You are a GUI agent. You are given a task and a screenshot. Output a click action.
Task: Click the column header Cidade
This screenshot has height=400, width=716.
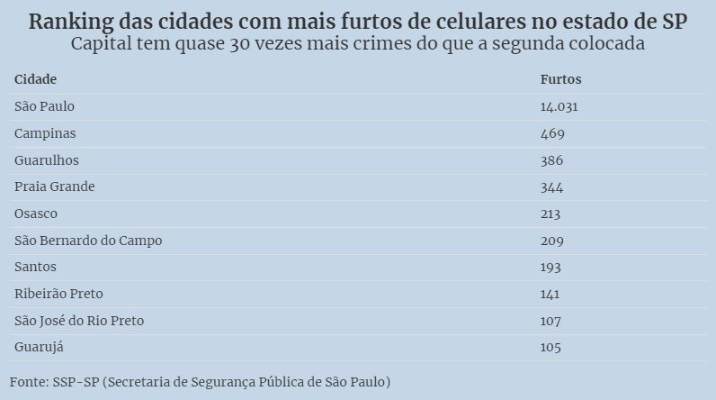36,79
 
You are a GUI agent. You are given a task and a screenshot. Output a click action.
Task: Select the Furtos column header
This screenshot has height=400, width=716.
560,79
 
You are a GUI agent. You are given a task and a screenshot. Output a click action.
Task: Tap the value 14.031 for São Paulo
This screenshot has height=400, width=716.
558,106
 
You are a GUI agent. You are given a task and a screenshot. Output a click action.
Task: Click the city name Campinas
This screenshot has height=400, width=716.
45,133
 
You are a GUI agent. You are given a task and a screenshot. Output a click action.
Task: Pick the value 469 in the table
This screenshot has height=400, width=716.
552,133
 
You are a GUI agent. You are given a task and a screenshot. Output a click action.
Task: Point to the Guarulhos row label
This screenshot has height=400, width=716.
47,160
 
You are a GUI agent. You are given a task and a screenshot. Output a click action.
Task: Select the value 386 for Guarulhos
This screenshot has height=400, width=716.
552,160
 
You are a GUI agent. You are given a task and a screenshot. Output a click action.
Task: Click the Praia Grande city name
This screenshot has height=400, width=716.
55,186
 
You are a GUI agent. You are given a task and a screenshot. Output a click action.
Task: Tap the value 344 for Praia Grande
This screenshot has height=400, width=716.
552,186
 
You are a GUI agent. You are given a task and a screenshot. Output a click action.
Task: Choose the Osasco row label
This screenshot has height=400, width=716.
36,214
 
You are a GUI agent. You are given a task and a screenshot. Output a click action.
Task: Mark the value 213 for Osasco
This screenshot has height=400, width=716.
550,214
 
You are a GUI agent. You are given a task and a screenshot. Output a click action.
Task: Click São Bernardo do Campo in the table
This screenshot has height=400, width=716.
88,241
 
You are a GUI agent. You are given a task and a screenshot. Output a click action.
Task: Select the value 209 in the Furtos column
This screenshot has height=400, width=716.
552,241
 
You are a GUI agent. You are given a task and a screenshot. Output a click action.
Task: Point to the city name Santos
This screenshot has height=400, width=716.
36,267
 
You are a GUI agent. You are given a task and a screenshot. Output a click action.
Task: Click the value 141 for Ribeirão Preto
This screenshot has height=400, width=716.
550,294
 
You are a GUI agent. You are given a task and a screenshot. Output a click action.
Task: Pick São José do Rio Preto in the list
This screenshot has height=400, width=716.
79,321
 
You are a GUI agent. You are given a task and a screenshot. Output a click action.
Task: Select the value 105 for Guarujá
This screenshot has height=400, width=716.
550,347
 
